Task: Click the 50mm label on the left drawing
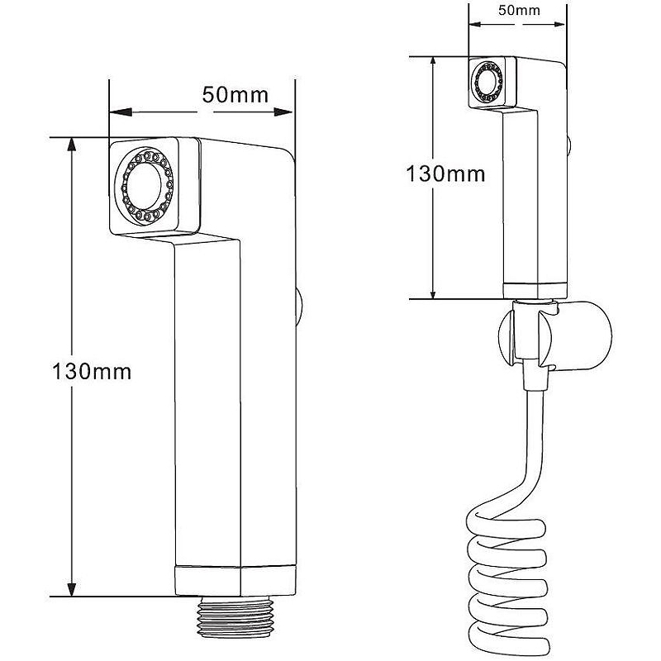coord(235,94)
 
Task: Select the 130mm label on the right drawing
coord(445,174)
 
